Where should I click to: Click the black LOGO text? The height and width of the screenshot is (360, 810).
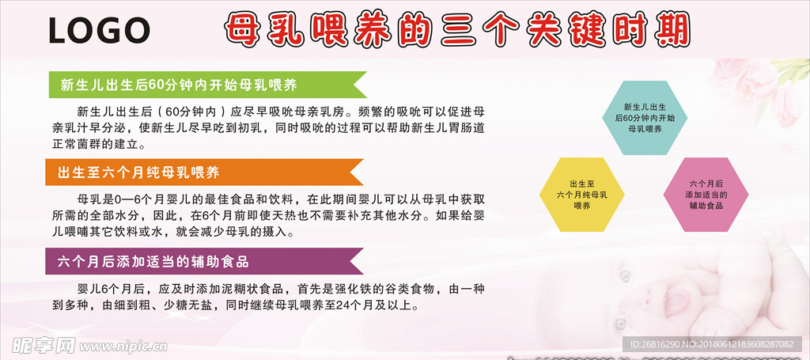tap(99, 30)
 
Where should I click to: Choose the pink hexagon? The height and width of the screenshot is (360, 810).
tap(705, 194)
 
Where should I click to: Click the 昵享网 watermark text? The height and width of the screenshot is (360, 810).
tap(40, 344)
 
